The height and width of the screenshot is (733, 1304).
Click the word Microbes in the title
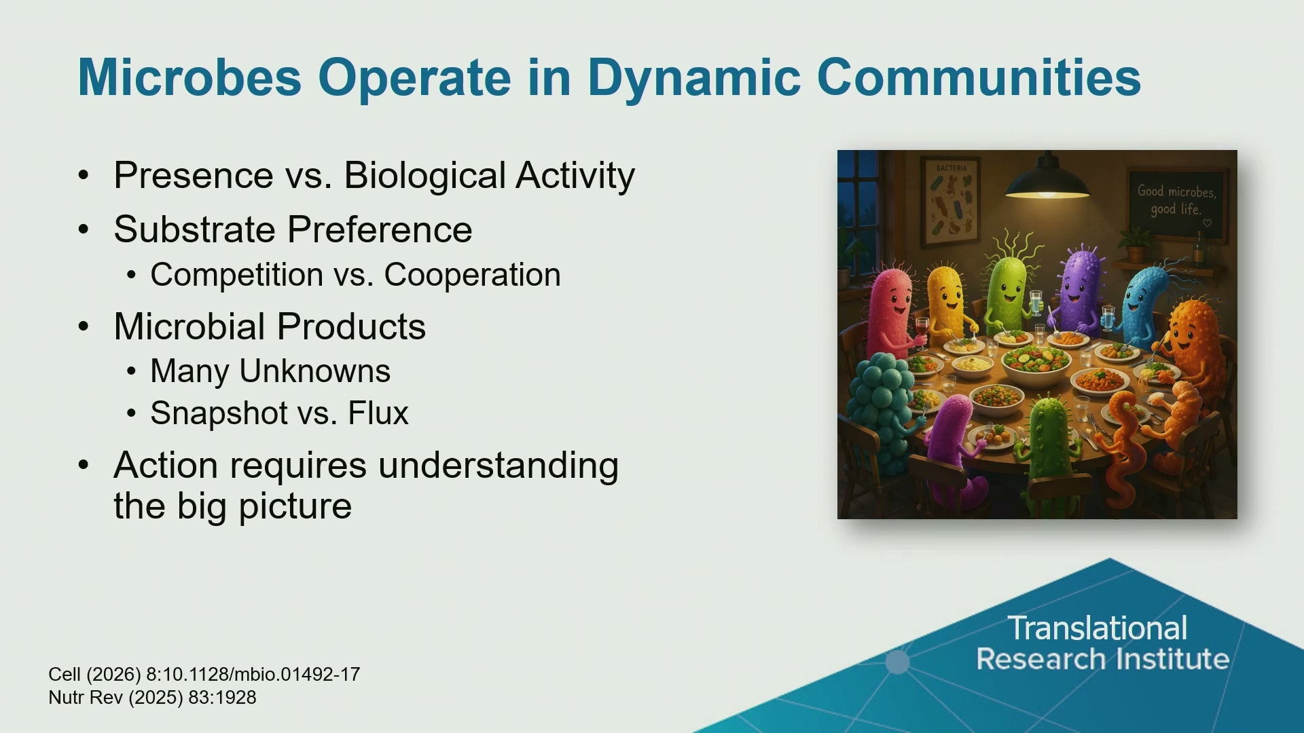[x=189, y=77]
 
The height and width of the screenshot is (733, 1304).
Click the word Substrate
[x=196, y=229]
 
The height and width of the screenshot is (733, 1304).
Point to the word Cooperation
[x=473, y=275]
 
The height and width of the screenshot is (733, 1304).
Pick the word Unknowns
[x=315, y=371]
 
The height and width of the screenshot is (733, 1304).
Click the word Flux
[x=378, y=413]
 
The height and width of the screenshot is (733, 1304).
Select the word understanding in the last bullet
[x=499, y=466]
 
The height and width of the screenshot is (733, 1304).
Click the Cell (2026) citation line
[x=204, y=675]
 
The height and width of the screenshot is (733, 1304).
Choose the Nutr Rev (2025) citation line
[x=153, y=698]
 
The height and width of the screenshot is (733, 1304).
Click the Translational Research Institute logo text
[x=1102, y=643]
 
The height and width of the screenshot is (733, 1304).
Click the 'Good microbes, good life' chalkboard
[x=1177, y=203]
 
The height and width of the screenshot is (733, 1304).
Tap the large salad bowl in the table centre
[x=1037, y=364]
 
